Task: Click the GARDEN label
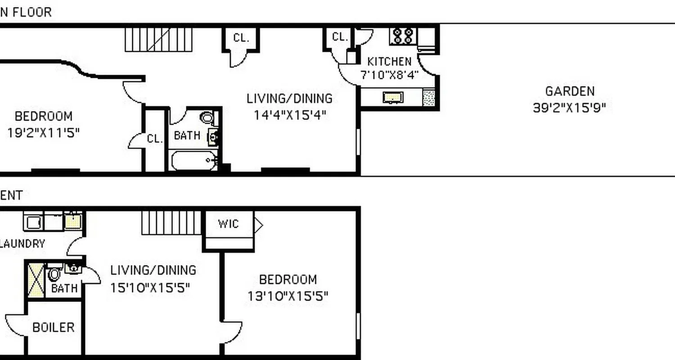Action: (x=570, y=91)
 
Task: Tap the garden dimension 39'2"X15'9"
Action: (x=570, y=108)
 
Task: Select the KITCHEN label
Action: (x=389, y=62)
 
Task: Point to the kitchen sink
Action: (x=393, y=97)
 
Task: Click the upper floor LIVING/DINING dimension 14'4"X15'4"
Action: (x=289, y=115)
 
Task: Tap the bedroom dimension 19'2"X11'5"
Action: (x=43, y=133)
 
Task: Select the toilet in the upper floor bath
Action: (x=207, y=118)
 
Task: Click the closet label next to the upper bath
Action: (x=155, y=139)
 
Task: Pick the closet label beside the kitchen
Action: (x=340, y=37)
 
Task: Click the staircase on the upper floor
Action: (x=158, y=40)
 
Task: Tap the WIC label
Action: (x=228, y=224)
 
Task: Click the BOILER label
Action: (x=53, y=327)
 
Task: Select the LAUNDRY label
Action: (x=22, y=244)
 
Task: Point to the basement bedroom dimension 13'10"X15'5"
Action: (x=288, y=296)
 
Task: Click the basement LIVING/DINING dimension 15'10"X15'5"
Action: (x=150, y=287)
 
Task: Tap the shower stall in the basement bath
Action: (x=35, y=280)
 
